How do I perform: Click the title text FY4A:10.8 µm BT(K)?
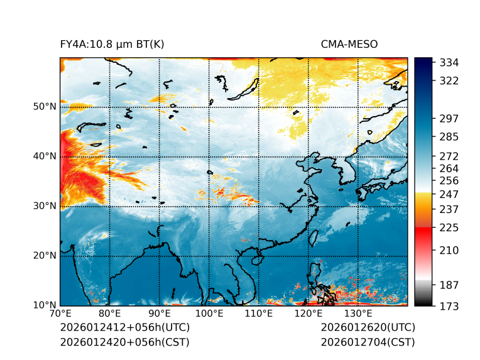coord(112,44)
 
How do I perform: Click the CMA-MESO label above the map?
coord(349,44)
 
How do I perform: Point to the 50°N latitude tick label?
coord(45,107)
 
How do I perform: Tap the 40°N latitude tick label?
coord(45,156)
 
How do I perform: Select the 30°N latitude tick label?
coord(45,206)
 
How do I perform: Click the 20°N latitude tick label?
coord(45,256)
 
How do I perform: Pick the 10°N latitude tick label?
coord(45,305)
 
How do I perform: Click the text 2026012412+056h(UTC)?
coord(124,328)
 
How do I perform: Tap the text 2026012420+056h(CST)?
coord(124,342)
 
